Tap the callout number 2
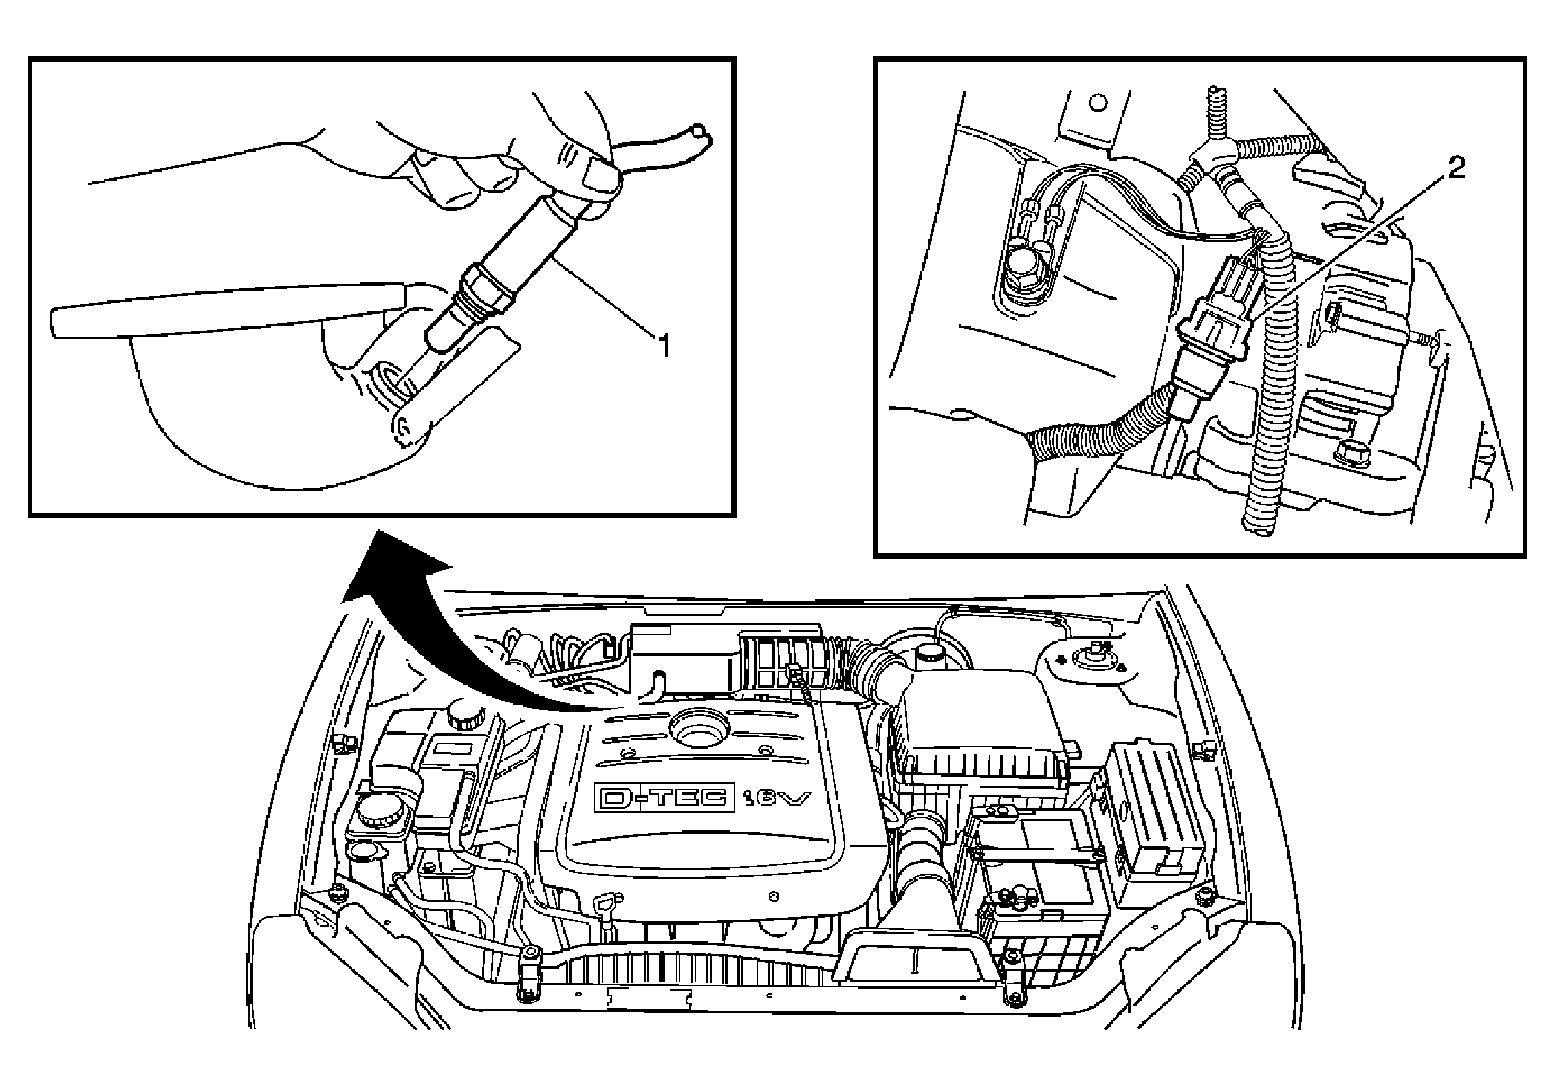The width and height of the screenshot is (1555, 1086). point(1455,169)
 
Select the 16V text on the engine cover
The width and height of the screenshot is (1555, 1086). point(776,799)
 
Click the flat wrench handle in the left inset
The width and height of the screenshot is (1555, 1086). point(223,309)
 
